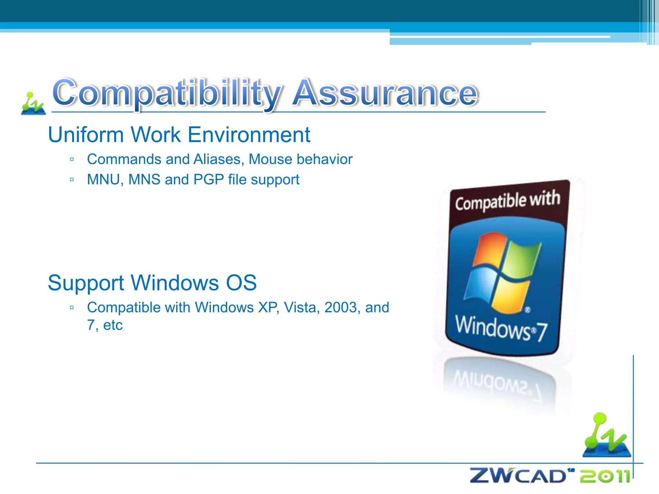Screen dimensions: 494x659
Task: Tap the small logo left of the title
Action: (33, 104)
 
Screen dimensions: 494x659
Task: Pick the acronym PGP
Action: (209, 180)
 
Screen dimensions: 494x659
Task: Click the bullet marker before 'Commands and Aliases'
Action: (72, 160)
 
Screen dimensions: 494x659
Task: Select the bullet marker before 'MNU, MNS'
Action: (72, 180)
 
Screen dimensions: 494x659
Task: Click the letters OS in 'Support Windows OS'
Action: (241, 283)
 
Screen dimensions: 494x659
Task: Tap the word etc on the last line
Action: (113, 325)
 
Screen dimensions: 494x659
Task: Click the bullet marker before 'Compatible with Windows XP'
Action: (72, 308)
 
